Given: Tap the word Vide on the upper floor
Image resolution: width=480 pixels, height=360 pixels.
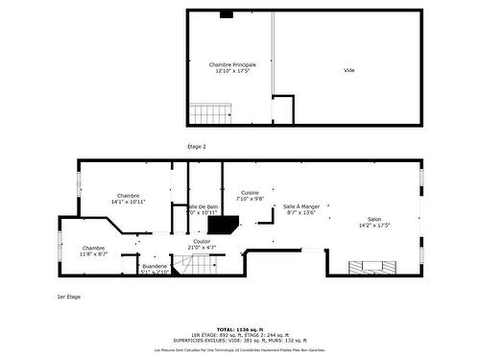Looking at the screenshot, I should pos(349,70).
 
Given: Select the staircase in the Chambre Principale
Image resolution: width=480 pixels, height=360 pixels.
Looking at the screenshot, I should pos(210,112).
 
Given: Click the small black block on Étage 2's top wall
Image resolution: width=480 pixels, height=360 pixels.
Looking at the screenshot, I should pos(227,14).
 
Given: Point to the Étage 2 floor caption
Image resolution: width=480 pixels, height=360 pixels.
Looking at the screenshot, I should pos(196,146).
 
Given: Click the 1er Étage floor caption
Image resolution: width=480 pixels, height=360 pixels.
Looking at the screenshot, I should pos(68,297).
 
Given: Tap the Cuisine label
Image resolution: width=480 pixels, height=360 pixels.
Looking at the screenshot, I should pos(250,192).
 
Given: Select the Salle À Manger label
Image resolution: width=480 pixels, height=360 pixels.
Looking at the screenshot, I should pos(301,206).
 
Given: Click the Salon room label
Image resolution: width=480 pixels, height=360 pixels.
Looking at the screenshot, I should pos(374,220).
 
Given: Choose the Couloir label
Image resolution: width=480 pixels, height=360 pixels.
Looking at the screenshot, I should pos(202,241).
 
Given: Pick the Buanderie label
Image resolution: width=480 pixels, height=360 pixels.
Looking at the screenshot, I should pos(155,265).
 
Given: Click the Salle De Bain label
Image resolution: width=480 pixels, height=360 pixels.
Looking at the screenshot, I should pos(204,206).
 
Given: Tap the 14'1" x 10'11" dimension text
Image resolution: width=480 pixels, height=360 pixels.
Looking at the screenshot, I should pos(128,203).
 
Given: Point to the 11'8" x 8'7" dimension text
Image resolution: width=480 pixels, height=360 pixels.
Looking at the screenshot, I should pos(93,253).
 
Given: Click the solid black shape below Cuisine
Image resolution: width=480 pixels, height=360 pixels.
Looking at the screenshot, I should pos(223,226).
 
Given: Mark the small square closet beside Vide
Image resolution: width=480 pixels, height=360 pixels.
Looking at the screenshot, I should pos(283,108).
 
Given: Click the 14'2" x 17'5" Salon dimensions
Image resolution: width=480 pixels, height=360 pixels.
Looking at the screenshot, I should pos(374,226).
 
